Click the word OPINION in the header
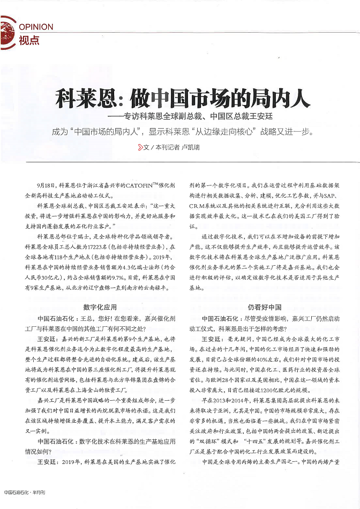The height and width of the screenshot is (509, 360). click(x=36, y=26)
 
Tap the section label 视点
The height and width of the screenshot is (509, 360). click(x=28, y=40)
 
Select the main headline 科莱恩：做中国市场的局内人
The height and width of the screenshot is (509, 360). click(x=179, y=99)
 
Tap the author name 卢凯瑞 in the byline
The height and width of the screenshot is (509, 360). click(x=190, y=147)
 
